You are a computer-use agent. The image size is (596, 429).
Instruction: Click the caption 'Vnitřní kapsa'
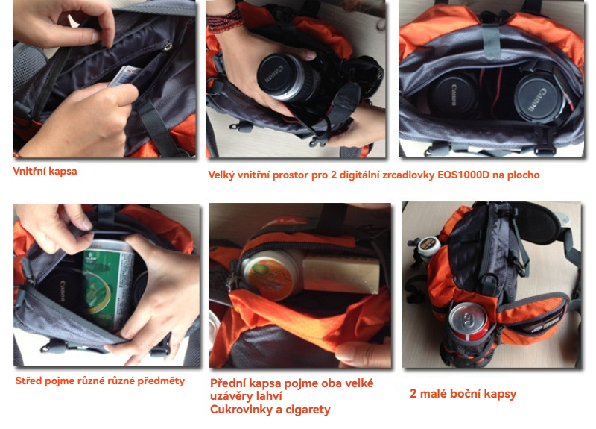coord(45,172)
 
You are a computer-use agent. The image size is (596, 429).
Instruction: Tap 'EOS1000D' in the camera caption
coord(463,175)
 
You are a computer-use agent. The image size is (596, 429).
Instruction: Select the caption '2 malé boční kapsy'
coord(463,394)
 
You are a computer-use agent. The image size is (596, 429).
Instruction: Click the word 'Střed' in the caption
coord(28,381)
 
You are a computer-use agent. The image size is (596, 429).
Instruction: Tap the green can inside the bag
coord(108,284)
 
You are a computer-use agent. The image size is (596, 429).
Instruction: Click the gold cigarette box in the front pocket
coord(340,274)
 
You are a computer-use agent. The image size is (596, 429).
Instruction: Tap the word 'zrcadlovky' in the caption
coord(405,175)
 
